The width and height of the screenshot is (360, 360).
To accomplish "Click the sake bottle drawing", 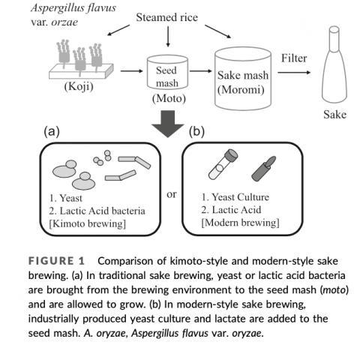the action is (334, 65).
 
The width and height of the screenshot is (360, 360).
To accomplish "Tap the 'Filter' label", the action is (294, 58).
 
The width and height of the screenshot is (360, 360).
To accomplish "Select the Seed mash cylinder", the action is (167, 72).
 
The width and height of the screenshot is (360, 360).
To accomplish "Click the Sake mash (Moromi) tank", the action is (243, 78).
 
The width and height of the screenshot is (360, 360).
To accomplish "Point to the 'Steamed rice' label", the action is (166, 17).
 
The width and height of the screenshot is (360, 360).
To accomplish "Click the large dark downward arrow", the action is (168, 124).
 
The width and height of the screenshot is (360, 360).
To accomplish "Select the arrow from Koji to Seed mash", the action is (132, 71).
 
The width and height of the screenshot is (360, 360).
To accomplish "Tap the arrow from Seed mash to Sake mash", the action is (201, 71).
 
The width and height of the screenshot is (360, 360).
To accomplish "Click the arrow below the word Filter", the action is (294, 73).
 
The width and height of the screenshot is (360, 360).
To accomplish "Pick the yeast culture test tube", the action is (223, 164).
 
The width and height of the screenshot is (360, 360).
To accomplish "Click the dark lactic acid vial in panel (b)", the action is (263, 169).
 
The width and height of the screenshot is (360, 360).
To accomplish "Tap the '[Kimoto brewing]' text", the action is (87, 223).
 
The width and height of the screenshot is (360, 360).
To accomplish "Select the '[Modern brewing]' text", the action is (240, 223).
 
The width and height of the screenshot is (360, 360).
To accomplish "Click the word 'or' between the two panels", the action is (172, 194).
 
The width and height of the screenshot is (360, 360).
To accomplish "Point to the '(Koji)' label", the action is (79, 87).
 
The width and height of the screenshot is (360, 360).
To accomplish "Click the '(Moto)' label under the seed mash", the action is (169, 98).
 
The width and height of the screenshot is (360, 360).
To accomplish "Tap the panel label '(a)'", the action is (52, 131).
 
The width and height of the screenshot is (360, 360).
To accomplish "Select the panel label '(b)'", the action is (196, 131).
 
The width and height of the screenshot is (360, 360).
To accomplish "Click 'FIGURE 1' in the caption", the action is (56, 261).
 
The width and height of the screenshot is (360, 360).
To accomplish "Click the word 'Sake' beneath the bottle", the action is (335, 115).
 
